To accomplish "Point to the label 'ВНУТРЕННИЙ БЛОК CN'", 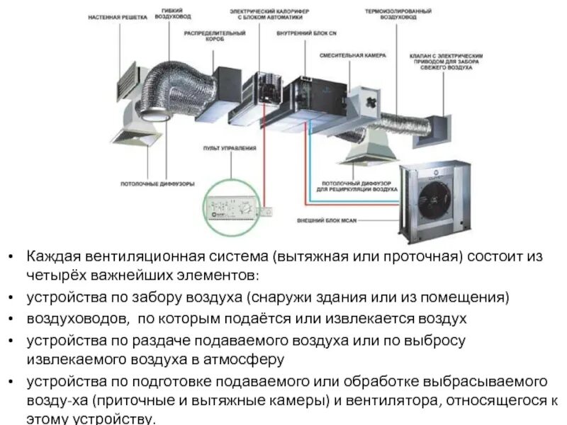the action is (x=295, y=34).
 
